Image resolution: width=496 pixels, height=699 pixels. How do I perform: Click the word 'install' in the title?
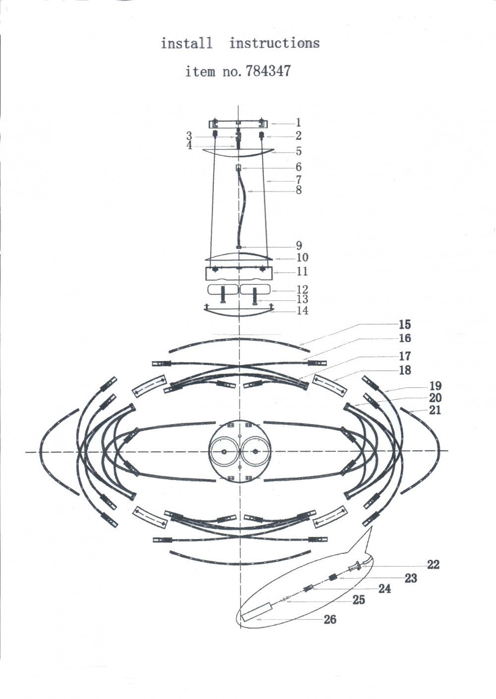(186, 44)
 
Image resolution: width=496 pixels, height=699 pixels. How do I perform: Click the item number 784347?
(268, 71)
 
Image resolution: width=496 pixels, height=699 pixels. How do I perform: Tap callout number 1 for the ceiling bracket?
(298, 123)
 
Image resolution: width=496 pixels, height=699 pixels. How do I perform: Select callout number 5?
(299, 152)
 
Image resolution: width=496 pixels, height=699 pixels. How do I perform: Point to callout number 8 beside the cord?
(299, 190)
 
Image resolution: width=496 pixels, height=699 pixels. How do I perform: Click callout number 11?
(302, 271)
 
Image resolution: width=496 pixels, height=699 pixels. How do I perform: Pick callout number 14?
(303, 311)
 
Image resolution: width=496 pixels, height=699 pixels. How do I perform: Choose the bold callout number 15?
(405, 324)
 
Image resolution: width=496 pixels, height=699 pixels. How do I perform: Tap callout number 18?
(405, 371)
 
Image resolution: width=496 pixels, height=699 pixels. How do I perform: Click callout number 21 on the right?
(435, 410)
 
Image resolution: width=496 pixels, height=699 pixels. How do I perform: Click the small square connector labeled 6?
(239, 168)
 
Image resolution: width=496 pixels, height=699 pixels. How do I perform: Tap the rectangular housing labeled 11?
(239, 273)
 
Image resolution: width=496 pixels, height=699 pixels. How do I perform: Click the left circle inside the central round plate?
(224, 451)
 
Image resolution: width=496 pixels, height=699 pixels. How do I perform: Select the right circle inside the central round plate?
(256, 451)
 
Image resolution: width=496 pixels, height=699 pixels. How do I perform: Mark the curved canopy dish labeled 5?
(239, 154)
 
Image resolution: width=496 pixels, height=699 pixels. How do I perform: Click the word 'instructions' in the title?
(275, 44)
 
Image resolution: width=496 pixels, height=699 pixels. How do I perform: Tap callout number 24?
(384, 589)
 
